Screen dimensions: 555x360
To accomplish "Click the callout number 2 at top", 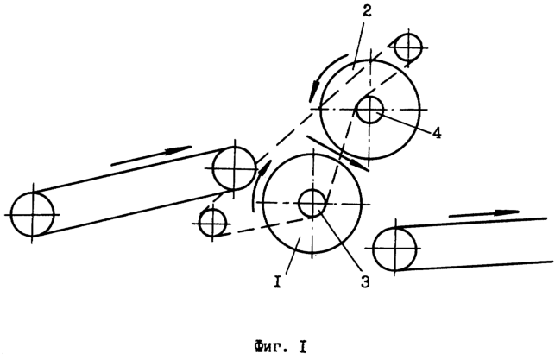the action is [367, 12].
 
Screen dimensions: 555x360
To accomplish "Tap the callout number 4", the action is [437, 133].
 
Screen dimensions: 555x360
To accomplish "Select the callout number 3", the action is [365, 282].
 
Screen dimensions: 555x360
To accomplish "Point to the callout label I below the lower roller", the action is [278, 282].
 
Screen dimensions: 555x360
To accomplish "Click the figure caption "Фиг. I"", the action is [280, 347].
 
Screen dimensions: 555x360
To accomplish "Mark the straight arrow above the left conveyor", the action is [151, 155].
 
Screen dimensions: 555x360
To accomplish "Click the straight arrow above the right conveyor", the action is [484, 213].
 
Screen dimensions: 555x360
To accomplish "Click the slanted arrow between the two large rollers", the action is [337, 153].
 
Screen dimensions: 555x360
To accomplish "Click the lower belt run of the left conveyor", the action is [135, 212].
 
